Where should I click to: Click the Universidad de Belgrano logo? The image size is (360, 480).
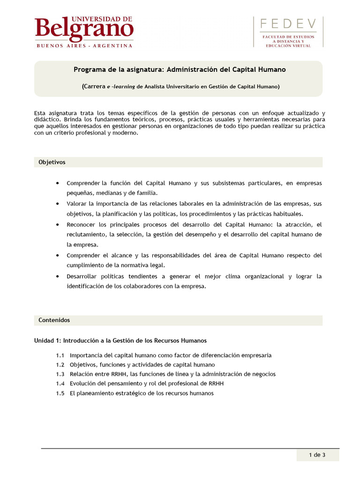84,29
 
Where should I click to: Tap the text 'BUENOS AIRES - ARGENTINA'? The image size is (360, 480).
84,46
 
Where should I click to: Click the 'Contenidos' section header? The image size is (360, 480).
54,320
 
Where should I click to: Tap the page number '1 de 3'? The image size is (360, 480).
317,454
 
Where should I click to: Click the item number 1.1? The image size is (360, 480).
60,355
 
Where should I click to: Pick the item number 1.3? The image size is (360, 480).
60,374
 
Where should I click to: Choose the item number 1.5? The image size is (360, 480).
60,393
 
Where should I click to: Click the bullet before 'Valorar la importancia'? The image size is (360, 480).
57,204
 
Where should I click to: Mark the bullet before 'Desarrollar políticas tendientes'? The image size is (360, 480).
57,277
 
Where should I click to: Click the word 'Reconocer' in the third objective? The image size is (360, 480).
80,225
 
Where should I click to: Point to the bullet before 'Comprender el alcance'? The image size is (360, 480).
57,255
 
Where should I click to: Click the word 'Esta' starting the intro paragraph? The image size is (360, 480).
40,113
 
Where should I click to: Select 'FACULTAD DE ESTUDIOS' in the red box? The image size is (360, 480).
288,37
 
